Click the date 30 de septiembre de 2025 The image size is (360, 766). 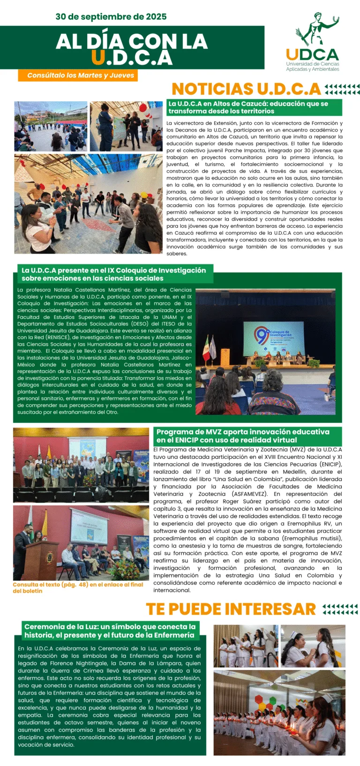(x=111, y=17)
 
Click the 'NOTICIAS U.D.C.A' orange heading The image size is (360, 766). (x=246, y=89)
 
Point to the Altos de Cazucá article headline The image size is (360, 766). (x=248, y=107)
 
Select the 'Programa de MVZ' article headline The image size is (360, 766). (x=243, y=436)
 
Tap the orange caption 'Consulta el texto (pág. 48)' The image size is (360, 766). (x=78, y=587)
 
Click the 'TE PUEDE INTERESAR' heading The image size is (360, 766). (x=231, y=609)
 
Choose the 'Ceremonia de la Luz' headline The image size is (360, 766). (x=110, y=631)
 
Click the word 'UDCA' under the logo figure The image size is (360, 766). (x=312, y=55)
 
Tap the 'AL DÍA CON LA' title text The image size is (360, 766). (x=132, y=42)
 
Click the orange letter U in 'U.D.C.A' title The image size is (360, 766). (x=98, y=57)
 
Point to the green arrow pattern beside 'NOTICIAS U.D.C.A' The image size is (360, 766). (x=342, y=89)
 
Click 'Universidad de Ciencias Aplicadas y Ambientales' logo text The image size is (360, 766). (x=313, y=66)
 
